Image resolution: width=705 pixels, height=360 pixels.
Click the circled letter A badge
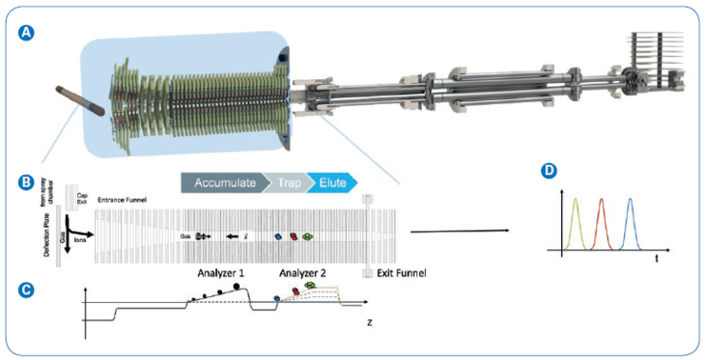pyautogui.click(x=28, y=30)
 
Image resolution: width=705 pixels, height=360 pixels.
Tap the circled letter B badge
pyautogui.click(x=28, y=179)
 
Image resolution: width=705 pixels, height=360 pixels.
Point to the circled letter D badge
pyautogui.click(x=546, y=171)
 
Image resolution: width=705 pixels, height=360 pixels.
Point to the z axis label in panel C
pyautogui.click(x=369, y=324)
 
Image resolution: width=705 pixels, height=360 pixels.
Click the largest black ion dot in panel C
pyautogui.click(x=235, y=285)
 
